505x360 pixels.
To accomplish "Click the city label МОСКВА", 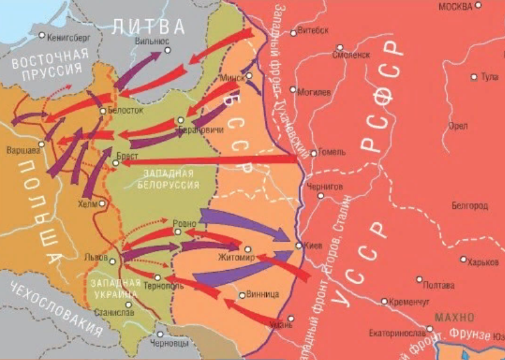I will pyautogui.click(x=455, y=6).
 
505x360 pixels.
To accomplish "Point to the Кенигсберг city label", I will pyautogui.click(x=71, y=38).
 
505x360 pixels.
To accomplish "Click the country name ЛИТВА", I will pyautogui.click(x=148, y=26).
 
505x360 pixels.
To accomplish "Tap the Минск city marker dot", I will pyautogui.click(x=250, y=75).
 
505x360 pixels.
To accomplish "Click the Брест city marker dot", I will pyautogui.click(x=115, y=163).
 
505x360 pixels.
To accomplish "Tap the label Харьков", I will pyautogui.click(x=485, y=261).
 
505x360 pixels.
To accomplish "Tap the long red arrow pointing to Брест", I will pyautogui.click(x=210, y=160).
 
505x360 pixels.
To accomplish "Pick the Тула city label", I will pyautogui.click(x=489, y=77).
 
